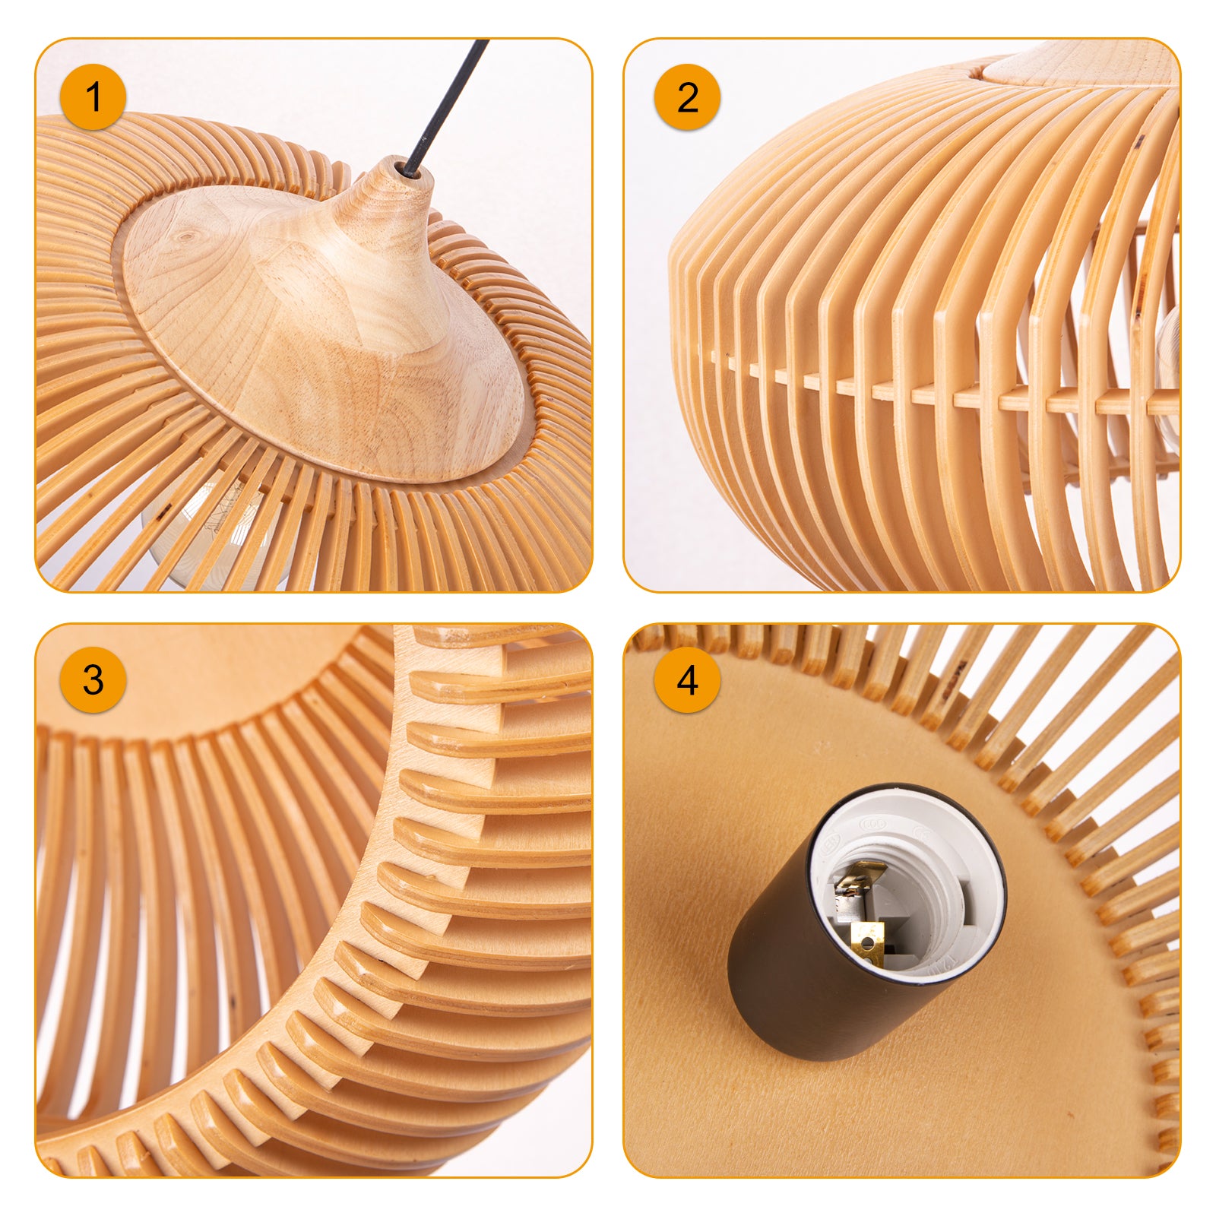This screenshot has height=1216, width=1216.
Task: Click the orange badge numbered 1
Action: [x=93, y=97]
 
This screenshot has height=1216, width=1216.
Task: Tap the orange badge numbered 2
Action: [x=687, y=97]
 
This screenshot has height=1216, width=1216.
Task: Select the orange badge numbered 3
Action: [x=93, y=679]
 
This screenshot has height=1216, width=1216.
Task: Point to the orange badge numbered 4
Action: [x=687, y=679]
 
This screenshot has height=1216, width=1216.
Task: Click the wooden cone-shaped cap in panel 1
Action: [x=319, y=327]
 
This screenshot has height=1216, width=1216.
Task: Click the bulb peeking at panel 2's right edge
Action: [x=1169, y=357]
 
